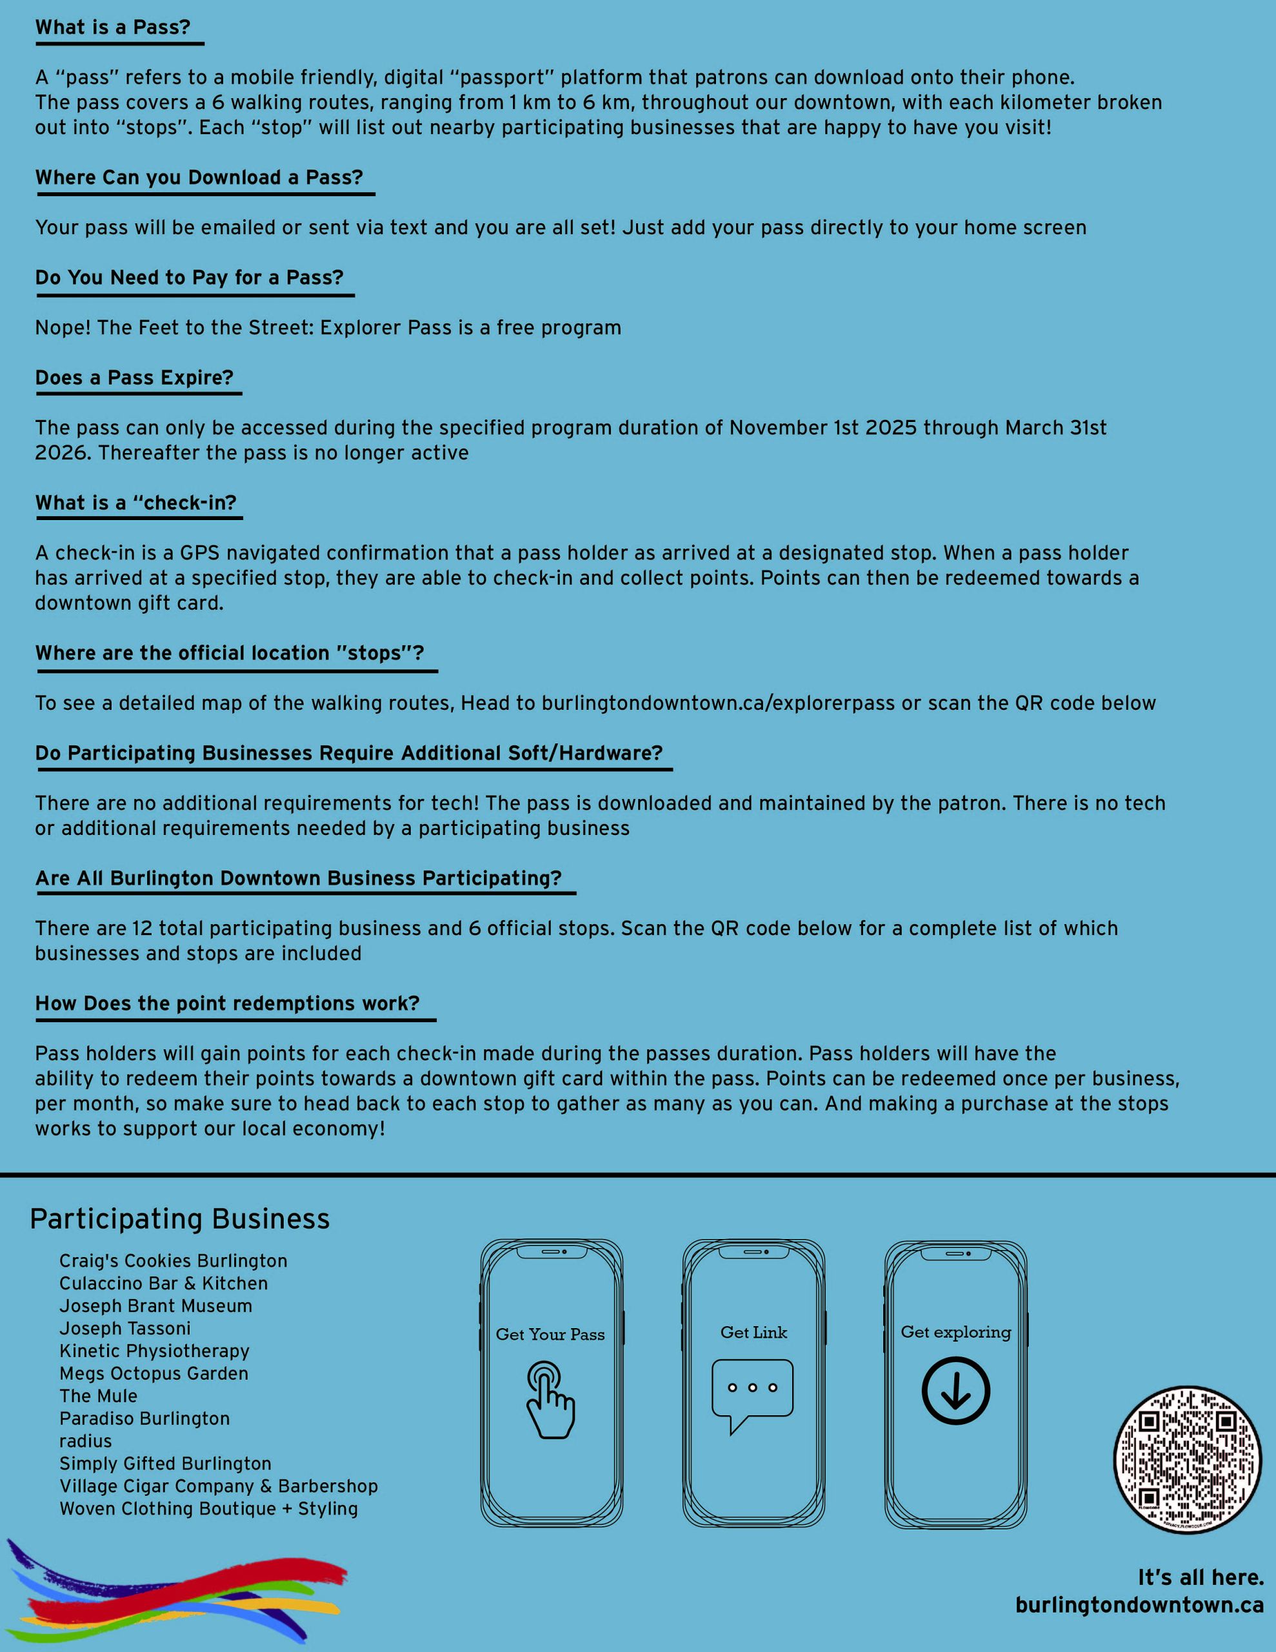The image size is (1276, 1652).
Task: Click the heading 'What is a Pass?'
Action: click(x=113, y=27)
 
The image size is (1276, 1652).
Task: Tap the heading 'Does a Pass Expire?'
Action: click(x=135, y=378)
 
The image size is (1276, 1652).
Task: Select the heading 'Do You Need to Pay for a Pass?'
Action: click(x=189, y=277)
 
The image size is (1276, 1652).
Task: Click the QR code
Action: click(x=1187, y=1460)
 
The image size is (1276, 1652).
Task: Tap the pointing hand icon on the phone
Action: click(x=550, y=1399)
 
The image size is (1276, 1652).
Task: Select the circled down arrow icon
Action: click(x=955, y=1390)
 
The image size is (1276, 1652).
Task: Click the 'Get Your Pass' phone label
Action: click(x=550, y=1335)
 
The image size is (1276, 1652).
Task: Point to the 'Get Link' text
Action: click(x=753, y=1333)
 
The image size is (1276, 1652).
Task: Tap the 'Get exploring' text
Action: click(x=955, y=1332)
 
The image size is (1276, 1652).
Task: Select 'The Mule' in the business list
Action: click(x=98, y=1396)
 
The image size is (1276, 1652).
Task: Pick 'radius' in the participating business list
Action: click(x=85, y=1441)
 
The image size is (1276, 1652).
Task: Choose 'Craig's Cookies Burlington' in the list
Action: click(x=174, y=1261)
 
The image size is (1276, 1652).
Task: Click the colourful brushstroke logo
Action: click(x=178, y=1589)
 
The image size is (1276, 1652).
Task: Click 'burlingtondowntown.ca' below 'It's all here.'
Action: click(x=1139, y=1605)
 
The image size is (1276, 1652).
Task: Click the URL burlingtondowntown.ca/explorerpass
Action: click(x=718, y=703)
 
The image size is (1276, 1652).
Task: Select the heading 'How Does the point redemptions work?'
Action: click(x=227, y=1003)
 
